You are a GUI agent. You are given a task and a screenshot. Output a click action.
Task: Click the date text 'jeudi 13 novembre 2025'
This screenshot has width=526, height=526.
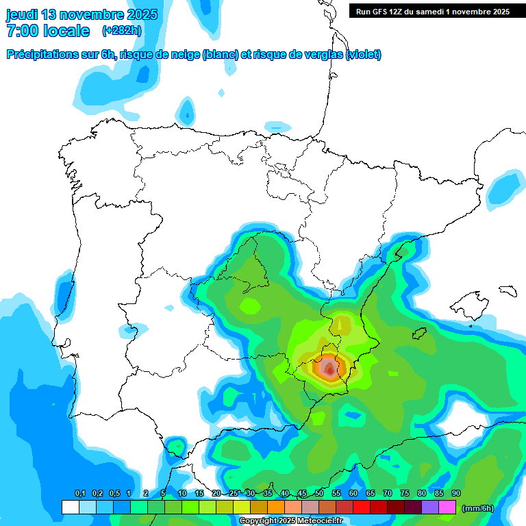(82, 14)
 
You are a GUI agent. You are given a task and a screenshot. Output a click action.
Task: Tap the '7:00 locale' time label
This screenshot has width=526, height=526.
(48, 31)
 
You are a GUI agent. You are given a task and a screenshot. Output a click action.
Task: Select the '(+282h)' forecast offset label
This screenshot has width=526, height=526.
(122, 31)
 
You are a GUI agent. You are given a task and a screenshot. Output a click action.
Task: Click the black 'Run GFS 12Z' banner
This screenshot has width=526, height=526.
(432, 11)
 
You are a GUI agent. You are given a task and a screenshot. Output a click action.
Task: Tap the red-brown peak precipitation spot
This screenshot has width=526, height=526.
(330, 368)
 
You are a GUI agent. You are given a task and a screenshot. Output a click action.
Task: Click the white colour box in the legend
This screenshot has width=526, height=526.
(70, 508)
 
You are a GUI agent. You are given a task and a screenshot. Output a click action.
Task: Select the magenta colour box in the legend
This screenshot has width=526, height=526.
(447, 508)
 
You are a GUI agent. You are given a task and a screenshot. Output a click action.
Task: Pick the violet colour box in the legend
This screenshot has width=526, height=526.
(430, 508)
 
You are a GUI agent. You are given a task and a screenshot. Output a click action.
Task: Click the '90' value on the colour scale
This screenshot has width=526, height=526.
(455, 494)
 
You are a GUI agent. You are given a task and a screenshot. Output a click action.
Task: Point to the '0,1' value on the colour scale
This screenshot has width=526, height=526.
(80, 494)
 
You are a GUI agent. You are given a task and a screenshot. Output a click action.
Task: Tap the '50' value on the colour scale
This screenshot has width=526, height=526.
(319, 494)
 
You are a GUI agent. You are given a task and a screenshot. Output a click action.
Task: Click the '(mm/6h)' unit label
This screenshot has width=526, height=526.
(478, 508)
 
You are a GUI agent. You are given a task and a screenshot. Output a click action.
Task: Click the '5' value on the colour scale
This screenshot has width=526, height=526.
(163, 494)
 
